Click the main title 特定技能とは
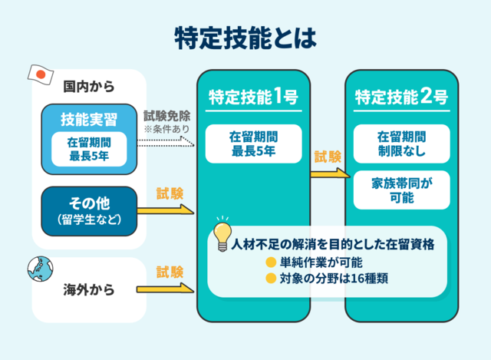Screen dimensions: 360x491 click(x=245, y=36)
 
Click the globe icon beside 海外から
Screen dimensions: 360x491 click(x=38, y=269)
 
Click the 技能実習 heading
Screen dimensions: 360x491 click(x=89, y=119)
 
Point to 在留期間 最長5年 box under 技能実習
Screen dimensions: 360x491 click(x=89, y=149)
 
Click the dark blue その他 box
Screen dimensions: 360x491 click(x=89, y=210)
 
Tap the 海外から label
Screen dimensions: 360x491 click(x=89, y=290)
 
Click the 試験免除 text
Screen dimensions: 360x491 click(x=167, y=117)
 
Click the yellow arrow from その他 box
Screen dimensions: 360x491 click(x=166, y=210)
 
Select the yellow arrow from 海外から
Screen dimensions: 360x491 click(x=166, y=289)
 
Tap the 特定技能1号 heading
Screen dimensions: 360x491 click(x=253, y=97)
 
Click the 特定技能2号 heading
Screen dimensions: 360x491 click(x=401, y=97)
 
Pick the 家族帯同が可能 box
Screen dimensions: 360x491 click(x=401, y=190)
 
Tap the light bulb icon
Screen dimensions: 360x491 click(x=222, y=233)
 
